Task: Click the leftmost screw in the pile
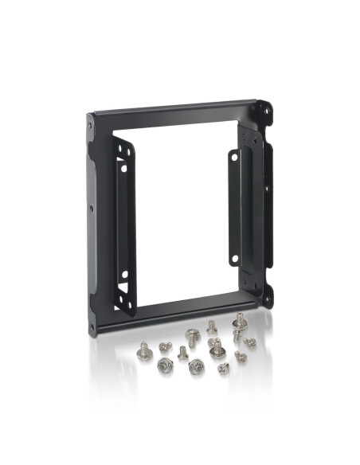[145, 350]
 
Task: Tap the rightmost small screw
[249, 342]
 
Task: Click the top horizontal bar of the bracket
[175, 107]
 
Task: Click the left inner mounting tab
[123, 223]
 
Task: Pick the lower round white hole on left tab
[123, 275]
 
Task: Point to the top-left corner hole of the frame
[90, 126]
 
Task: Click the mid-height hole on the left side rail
[91, 209]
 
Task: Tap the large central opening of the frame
[179, 207]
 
